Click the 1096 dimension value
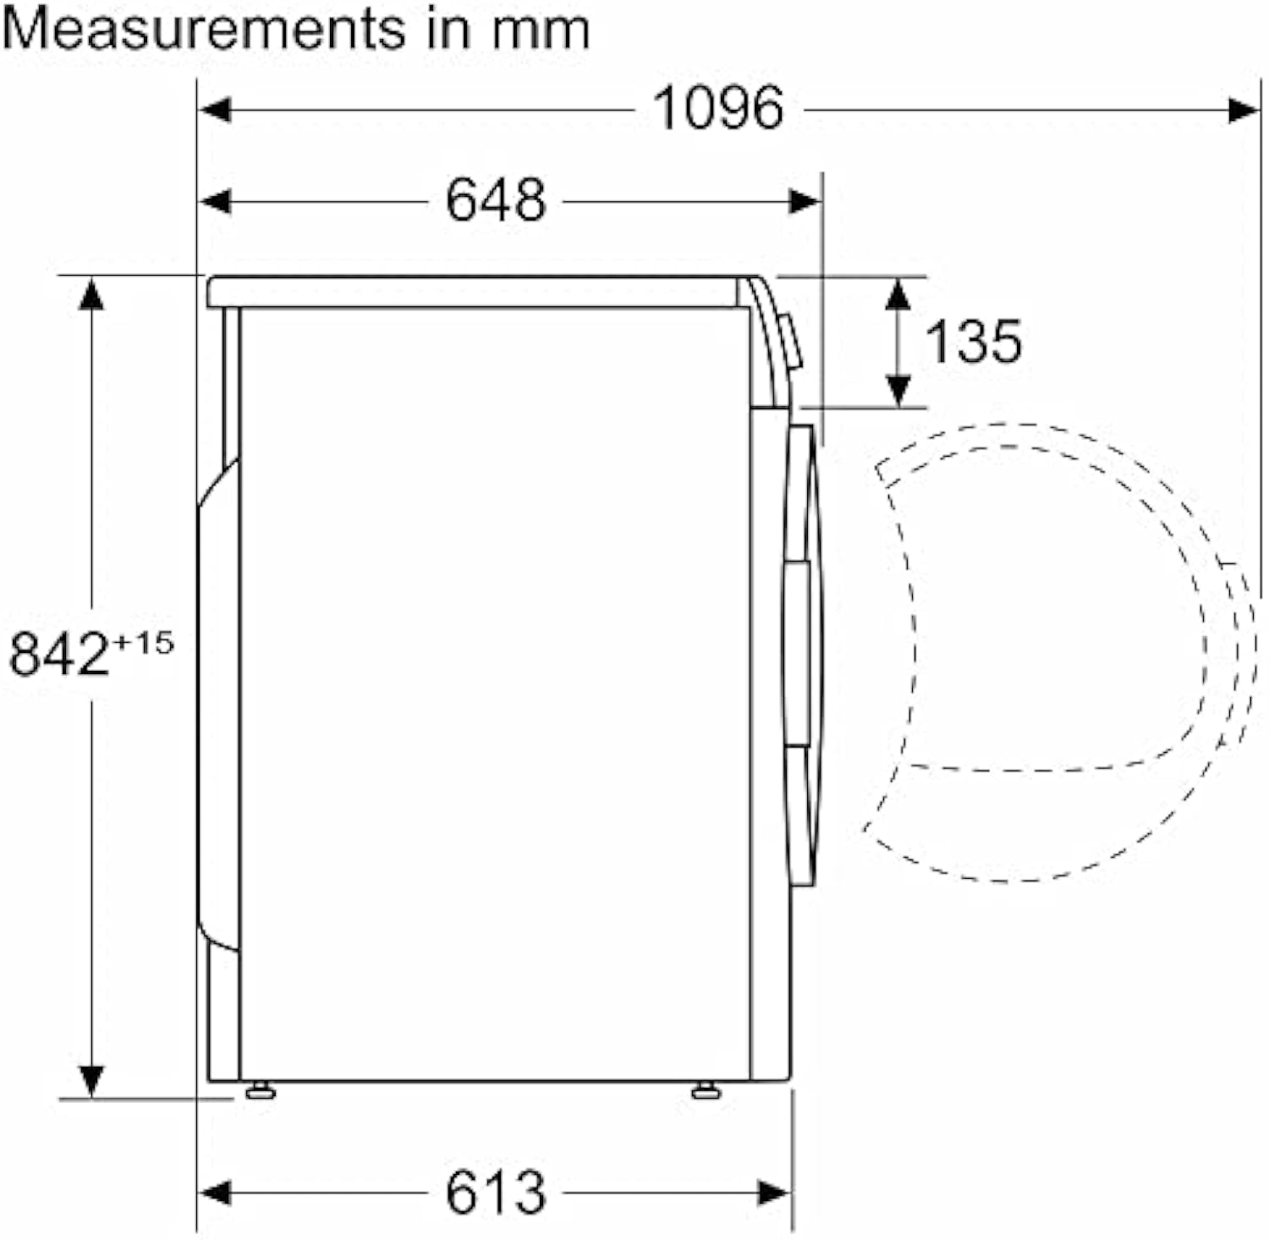[x=718, y=108]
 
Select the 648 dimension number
[x=496, y=200]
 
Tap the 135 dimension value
[x=973, y=341]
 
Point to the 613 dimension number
[x=496, y=1192]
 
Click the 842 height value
[x=59, y=654]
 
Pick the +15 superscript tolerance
[x=143, y=642]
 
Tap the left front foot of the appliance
[x=261, y=1090]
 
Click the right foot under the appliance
[x=706, y=1090]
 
